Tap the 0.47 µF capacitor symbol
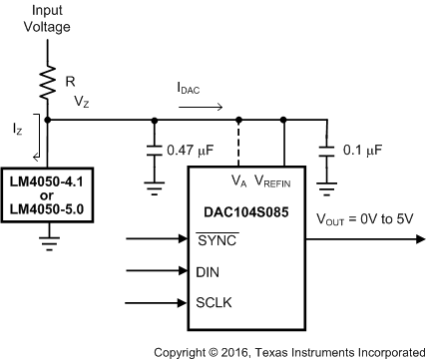point(154,154)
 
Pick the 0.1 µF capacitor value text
point(360,154)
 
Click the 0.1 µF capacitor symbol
point(324,154)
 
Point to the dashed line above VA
point(238,142)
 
